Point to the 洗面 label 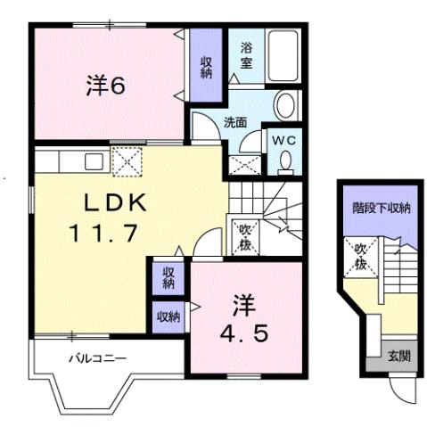pos(234,124)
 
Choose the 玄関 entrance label pos(398,357)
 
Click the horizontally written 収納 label pos(168,315)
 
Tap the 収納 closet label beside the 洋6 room pos(206,67)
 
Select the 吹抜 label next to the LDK pos(243,236)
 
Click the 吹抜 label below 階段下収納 pos(361,257)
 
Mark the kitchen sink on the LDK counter pos(92,162)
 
